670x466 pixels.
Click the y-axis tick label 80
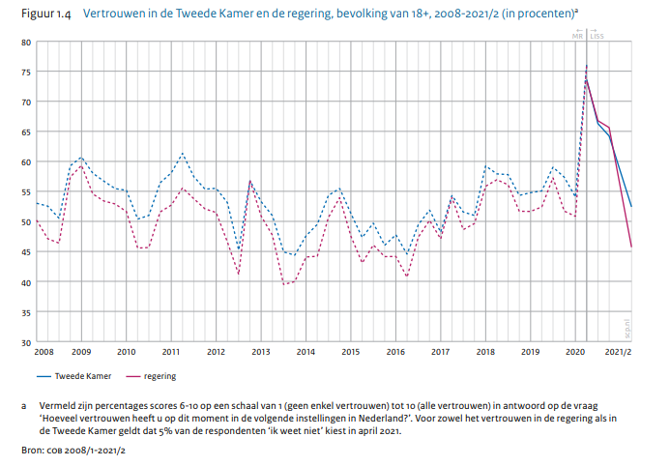click(26, 43)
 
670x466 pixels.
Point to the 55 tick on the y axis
click(26, 192)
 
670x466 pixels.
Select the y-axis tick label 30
click(26, 342)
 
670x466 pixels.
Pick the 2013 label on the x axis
click(260, 352)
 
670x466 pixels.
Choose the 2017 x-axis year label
click(440, 352)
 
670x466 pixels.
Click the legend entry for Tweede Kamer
click(76, 375)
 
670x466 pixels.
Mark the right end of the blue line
click(631, 206)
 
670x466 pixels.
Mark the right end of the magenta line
click(631, 248)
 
